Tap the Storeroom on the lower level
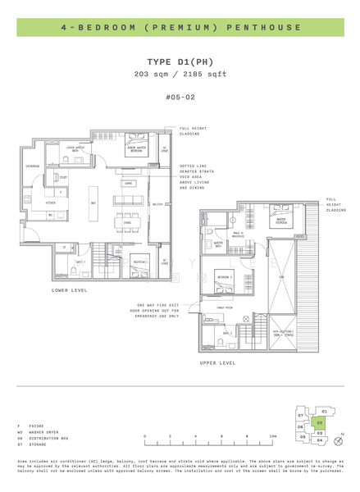coord(33,166)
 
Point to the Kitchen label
coord(49,202)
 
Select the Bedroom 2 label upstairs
coord(223,278)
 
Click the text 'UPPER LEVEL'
coord(218,362)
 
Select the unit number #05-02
coord(180,96)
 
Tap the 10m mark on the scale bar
coord(274,436)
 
